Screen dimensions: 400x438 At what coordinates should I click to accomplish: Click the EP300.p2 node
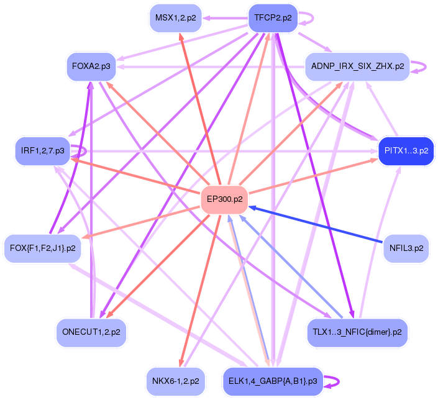click(224, 199)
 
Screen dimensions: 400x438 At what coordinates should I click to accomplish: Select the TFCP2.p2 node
click(273, 18)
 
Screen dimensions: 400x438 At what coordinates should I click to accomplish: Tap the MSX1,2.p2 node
click(175, 18)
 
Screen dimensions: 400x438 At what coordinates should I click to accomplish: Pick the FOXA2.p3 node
click(91, 66)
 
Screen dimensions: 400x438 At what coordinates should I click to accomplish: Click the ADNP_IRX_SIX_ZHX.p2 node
click(357, 66)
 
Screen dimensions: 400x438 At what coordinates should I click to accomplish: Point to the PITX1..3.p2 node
click(406, 150)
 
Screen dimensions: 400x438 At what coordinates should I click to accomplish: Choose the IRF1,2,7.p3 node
click(42, 151)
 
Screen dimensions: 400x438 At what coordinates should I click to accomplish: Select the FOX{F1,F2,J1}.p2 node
click(43, 248)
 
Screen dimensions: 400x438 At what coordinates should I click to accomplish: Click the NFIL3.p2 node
click(406, 248)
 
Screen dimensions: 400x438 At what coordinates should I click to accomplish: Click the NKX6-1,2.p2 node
click(175, 380)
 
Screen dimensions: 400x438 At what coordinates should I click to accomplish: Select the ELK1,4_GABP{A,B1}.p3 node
click(273, 380)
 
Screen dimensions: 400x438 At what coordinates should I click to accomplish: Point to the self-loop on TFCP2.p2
click(311, 18)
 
